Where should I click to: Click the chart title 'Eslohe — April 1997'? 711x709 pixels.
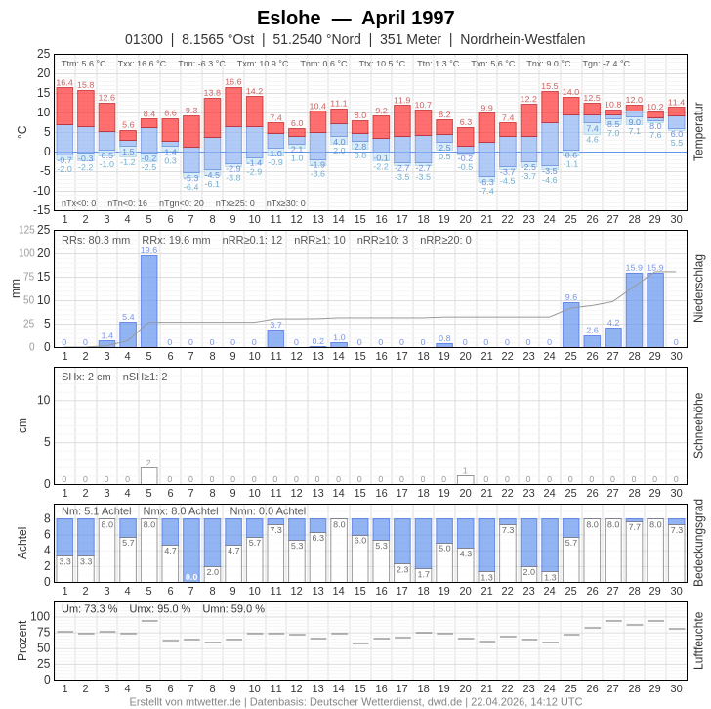pos(355,18)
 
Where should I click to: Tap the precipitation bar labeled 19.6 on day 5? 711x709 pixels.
pos(148,301)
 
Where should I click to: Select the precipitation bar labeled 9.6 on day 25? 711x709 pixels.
pos(570,325)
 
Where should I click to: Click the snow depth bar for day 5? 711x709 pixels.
pos(148,476)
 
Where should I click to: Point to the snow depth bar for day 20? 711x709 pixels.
pos(465,480)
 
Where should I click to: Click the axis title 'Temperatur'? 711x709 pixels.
pos(698,132)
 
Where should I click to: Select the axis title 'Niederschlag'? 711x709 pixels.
pos(698,288)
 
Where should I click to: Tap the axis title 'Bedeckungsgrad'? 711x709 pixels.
pos(698,543)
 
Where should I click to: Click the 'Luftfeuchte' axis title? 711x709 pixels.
pos(698,641)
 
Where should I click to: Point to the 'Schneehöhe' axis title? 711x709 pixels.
pos(698,425)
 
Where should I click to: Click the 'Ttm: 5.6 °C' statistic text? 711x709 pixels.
pos(84,64)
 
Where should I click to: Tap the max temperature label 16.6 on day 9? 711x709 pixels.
pos(232,82)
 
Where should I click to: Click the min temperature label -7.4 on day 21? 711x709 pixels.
pos(486,191)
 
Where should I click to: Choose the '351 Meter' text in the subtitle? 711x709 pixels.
pos(410,39)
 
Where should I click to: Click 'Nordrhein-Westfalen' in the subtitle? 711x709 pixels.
pos(523,39)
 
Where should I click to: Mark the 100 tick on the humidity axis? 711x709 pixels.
pos(40,616)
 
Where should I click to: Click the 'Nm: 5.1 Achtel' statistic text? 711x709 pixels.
pos(97,510)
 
